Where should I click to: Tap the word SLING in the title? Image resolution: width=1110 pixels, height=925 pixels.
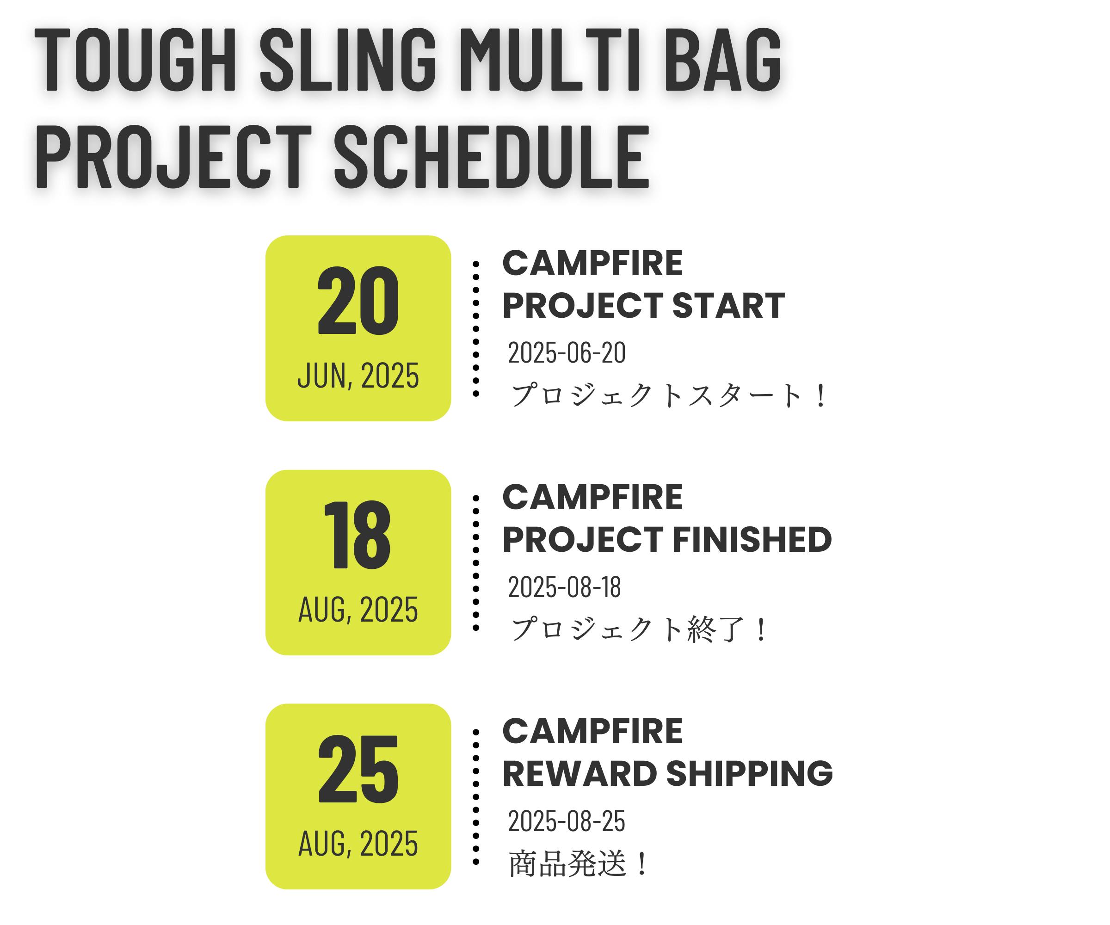[x=348, y=59]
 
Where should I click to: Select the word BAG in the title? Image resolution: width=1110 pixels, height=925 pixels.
[x=722, y=59]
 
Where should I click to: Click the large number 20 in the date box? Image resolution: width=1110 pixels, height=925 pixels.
[x=358, y=301]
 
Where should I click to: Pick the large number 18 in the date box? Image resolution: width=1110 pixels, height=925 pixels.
[x=358, y=535]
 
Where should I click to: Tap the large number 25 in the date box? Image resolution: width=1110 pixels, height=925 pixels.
[x=358, y=769]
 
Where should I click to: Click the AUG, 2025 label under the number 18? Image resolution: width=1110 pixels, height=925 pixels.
[x=358, y=610]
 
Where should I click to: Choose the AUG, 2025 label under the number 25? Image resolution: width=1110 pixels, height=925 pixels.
[x=358, y=844]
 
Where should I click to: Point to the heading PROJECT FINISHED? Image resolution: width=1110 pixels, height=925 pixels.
[x=667, y=540]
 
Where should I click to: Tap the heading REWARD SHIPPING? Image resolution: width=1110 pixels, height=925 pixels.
[x=667, y=774]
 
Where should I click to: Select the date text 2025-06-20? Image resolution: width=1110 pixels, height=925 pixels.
[x=567, y=352]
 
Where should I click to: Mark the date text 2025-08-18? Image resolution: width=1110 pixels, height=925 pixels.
[x=565, y=587]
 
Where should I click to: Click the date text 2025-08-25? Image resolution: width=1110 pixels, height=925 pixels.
[x=567, y=821]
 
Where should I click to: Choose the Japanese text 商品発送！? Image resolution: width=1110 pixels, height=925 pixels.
[x=578, y=863]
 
